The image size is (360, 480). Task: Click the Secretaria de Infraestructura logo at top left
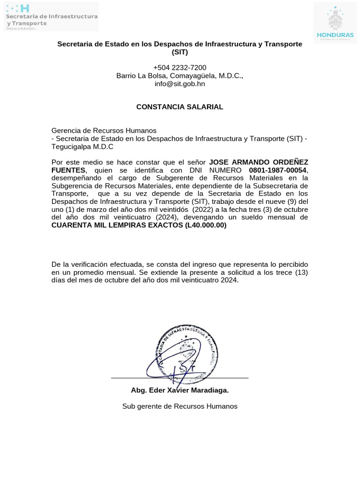(51, 16)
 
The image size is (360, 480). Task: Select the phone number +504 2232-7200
(180, 67)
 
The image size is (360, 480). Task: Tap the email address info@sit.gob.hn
(180, 84)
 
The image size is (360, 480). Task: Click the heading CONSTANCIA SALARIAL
(180, 107)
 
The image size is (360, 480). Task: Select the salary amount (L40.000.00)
(206, 225)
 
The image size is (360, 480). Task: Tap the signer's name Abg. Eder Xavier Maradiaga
(180, 390)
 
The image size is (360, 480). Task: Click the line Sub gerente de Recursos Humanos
(180, 406)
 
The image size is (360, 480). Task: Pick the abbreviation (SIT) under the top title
(180, 52)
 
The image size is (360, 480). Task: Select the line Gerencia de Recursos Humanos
(104, 130)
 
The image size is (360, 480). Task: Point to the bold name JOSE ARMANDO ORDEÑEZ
(258, 162)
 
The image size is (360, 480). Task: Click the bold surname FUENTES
(68, 170)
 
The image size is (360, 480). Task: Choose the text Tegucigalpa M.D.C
(82, 146)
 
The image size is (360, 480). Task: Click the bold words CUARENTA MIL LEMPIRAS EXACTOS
(117, 225)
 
